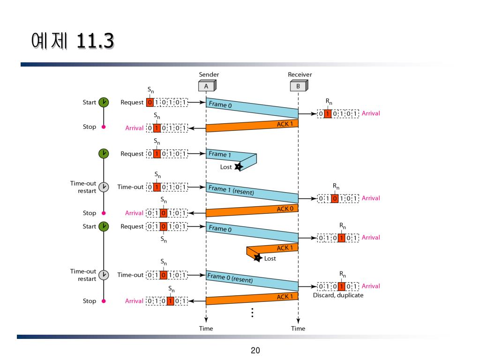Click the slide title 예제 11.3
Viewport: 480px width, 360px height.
pos(72,42)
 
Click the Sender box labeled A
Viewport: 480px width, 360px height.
pos(206,86)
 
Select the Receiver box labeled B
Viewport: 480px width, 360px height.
pos(298,86)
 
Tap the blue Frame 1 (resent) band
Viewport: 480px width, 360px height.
pos(252,192)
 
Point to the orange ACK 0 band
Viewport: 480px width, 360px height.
pos(252,211)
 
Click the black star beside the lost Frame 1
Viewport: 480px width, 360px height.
pos(239,166)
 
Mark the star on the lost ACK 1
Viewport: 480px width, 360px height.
pos(257,257)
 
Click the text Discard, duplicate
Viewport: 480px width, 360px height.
pos(338,295)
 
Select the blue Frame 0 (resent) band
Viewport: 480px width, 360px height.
pos(252,280)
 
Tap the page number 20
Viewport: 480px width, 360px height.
pos(255,350)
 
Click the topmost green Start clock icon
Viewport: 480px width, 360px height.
pos(104,102)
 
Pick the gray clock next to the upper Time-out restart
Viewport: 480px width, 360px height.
pos(104,187)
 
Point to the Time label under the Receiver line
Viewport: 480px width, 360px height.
pos(298,329)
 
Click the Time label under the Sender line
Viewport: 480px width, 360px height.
pos(206,329)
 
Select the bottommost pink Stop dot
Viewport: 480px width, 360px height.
pos(104,301)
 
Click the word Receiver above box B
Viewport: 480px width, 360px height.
pos(300,75)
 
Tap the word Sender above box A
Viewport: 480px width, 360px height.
pos(209,75)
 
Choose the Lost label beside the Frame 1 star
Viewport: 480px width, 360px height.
pos(226,167)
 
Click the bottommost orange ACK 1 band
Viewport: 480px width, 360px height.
pos(252,299)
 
